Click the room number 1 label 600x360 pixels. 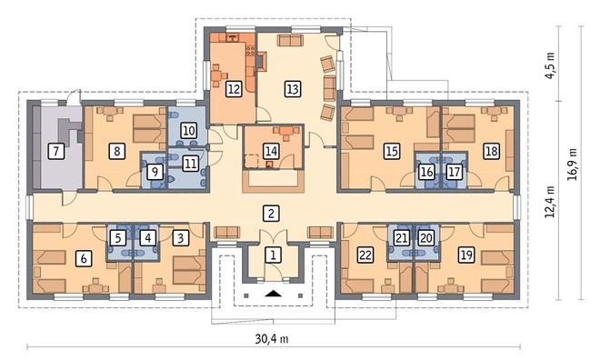pyautogui.click(x=273, y=255)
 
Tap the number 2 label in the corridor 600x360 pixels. pyautogui.click(x=271, y=213)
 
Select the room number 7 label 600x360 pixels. pyautogui.click(x=56, y=151)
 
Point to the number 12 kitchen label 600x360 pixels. pyautogui.click(x=234, y=89)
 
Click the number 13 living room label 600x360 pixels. pyautogui.click(x=293, y=89)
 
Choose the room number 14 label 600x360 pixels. pyautogui.click(x=271, y=151)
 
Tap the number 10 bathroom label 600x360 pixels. pyautogui.click(x=188, y=131)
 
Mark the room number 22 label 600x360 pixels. pyautogui.click(x=365, y=255)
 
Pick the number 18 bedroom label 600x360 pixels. pyautogui.click(x=491, y=151)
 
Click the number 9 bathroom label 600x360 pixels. pyautogui.click(x=155, y=172)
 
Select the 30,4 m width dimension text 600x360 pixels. pyautogui.click(x=272, y=338)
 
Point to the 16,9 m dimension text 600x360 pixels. pyautogui.click(x=573, y=165)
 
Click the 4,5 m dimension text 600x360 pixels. pyautogui.click(x=550, y=65)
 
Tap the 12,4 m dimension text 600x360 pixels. pyautogui.click(x=550, y=202)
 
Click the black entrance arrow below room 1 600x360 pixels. pyautogui.click(x=274, y=294)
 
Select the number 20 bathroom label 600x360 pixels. pyautogui.click(x=425, y=238)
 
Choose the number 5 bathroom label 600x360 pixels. pyautogui.click(x=118, y=238)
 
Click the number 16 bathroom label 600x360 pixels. pyautogui.click(x=426, y=172)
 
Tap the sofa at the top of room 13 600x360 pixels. pyautogui.click(x=290, y=40)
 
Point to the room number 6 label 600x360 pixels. pyautogui.click(x=84, y=258)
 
